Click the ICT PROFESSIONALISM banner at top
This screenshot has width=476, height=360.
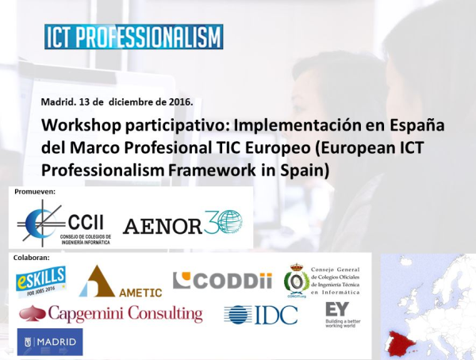(133, 37)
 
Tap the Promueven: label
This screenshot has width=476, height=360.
(35, 192)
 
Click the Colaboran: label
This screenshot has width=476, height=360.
(33, 257)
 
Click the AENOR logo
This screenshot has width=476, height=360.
(183, 223)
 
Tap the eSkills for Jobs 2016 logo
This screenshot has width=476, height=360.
(40, 281)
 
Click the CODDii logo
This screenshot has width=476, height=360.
(212, 281)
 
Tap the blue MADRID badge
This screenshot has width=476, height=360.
(49, 342)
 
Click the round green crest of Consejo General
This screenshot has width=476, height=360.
(297, 281)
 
